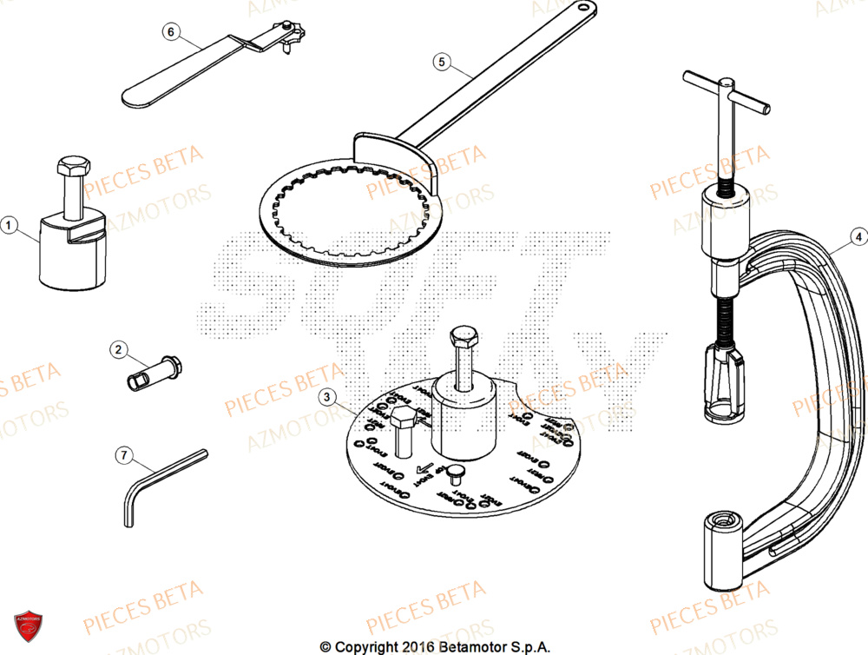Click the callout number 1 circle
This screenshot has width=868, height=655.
pos(10,226)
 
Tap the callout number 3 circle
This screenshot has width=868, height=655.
pos(326,398)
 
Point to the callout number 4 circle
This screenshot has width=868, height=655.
pos(857,235)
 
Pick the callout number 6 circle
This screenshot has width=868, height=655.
pos(170,32)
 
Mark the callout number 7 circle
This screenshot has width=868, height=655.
pos(124,454)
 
